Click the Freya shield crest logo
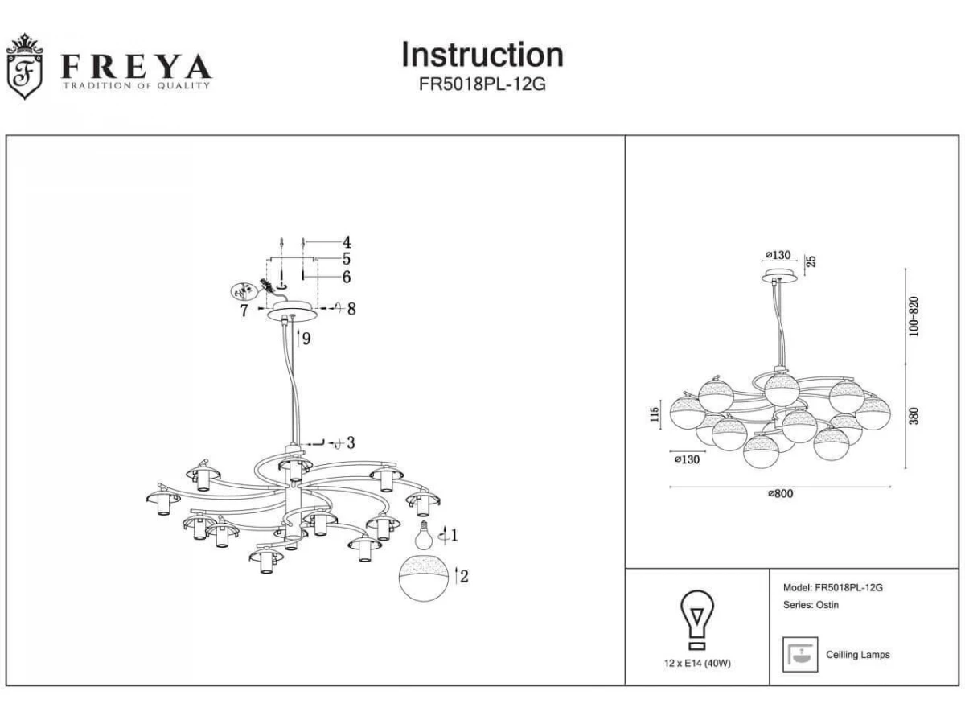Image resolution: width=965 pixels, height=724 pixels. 24,68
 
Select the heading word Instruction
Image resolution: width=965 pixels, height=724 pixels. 482,55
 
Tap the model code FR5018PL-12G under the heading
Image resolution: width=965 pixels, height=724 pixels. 482,85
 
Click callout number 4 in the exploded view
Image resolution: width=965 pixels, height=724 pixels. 347,241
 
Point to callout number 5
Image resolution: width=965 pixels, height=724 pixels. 347,259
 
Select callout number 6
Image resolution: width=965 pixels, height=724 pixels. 347,278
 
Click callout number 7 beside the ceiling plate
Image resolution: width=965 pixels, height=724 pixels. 244,311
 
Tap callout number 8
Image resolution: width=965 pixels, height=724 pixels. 351,309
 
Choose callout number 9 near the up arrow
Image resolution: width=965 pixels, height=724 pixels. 306,339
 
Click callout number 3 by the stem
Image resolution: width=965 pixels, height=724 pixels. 351,442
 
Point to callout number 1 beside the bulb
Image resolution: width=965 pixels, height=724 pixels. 454,535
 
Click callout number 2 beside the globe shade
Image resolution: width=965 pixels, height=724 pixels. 465,575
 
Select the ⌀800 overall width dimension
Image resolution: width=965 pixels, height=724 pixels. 779,495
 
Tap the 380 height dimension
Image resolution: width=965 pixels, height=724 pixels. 914,416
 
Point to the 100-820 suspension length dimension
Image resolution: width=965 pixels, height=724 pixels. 914,316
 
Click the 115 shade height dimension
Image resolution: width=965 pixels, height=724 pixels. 655,414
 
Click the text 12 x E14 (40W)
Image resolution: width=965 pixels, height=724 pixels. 697,663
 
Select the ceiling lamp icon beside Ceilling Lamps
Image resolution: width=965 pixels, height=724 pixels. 800,655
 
